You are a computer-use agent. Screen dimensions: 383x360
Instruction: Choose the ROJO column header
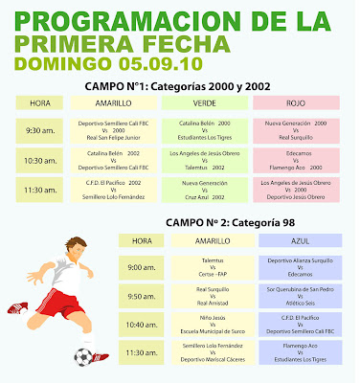pos(301,103)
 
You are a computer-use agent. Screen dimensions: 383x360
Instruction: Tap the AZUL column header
pos(304,241)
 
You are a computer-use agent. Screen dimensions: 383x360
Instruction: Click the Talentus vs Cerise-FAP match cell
pos(219,266)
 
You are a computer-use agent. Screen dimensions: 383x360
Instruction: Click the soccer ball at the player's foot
pos(82,356)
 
